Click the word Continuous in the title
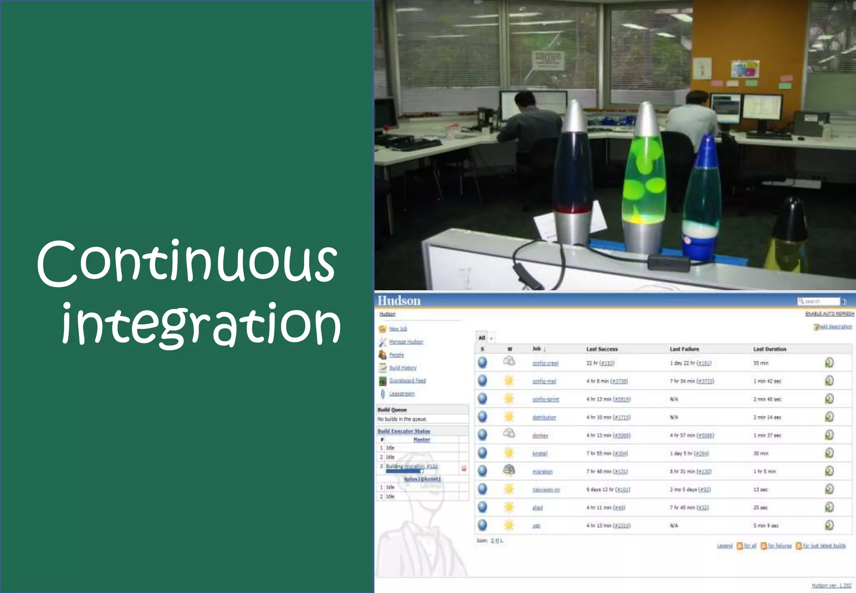click(187, 263)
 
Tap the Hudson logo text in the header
click(399, 301)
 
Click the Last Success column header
click(601, 349)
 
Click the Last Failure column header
click(684, 349)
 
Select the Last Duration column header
click(769, 349)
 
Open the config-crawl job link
click(545, 363)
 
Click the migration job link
click(542, 472)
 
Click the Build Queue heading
click(392, 410)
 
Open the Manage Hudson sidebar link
click(406, 342)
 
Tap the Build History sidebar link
click(403, 368)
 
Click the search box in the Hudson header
click(818, 302)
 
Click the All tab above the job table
click(482, 338)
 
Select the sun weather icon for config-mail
click(509, 381)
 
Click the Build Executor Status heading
click(404, 431)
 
